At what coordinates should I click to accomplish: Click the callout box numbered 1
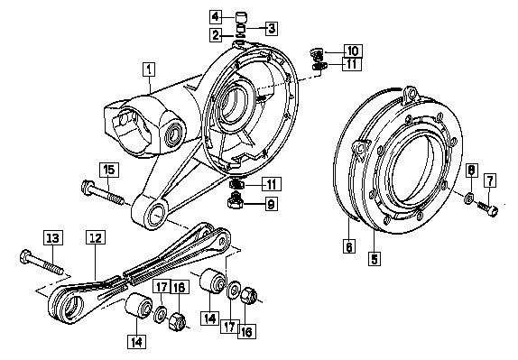coord(149,69)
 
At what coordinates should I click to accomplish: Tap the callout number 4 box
coord(216,16)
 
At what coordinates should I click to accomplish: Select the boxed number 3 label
coord(272,28)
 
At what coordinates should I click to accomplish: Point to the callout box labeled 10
coord(353,51)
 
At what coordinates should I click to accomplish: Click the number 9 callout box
coord(271,204)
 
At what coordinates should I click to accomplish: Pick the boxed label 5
coord(375,258)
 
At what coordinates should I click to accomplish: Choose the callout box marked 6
coord(349,246)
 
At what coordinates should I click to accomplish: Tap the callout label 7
coord(490,180)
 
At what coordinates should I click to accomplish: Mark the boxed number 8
coord(472,171)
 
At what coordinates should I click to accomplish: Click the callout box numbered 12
coord(96,237)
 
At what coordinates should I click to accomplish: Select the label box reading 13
coord(53,238)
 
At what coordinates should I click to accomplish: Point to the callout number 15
coord(109,170)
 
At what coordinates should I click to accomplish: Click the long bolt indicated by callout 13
coord(42,263)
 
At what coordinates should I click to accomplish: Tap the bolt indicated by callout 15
coord(103,192)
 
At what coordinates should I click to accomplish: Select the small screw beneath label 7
coord(487,208)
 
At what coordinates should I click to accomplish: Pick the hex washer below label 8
coord(468,198)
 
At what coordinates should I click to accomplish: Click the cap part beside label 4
coord(242,16)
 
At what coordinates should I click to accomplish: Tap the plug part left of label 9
coord(235,199)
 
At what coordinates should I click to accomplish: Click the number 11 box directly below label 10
coord(352,64)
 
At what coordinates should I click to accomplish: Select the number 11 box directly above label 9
coord(272,184)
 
